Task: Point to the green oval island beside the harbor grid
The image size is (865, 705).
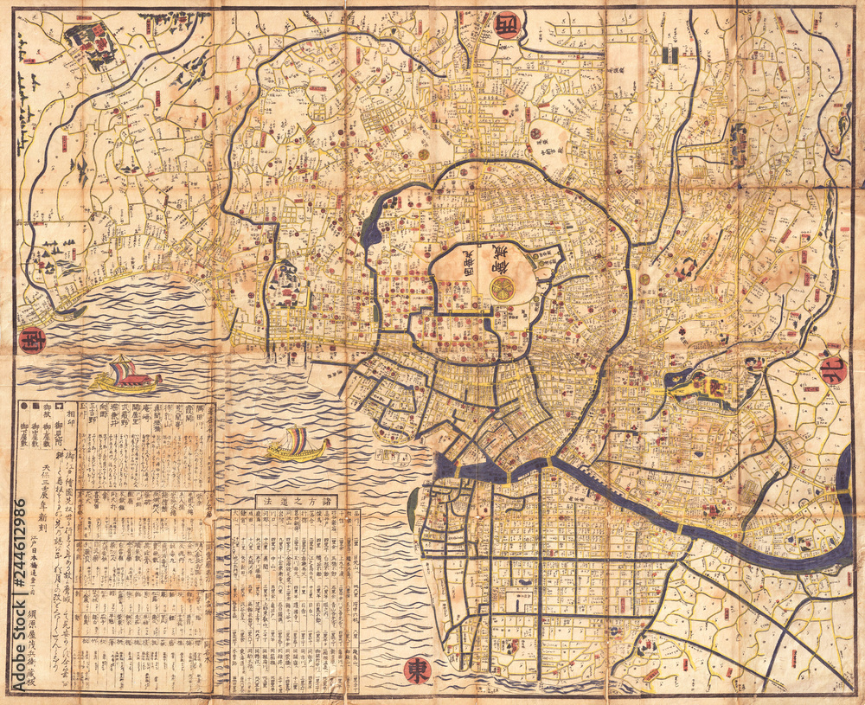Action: point(412,510)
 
